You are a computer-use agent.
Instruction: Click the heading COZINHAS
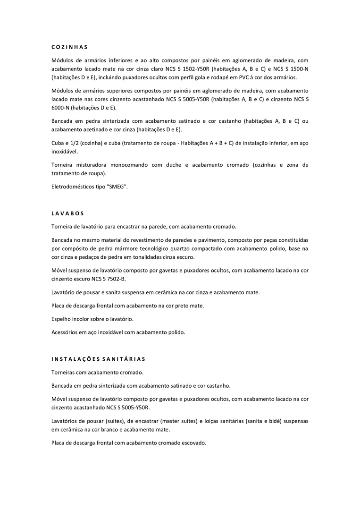(70, 47)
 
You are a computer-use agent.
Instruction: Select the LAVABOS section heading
(67, 213)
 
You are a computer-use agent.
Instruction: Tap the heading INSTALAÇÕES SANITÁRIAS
(99, 359)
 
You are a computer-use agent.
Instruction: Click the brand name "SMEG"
(117, 187)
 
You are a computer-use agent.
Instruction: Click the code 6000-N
(62, 107)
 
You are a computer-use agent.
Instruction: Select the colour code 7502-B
(114, 279)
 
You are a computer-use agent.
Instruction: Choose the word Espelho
(62, 319)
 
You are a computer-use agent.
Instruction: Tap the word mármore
(134, 248)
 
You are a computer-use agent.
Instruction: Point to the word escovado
(193, 443)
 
